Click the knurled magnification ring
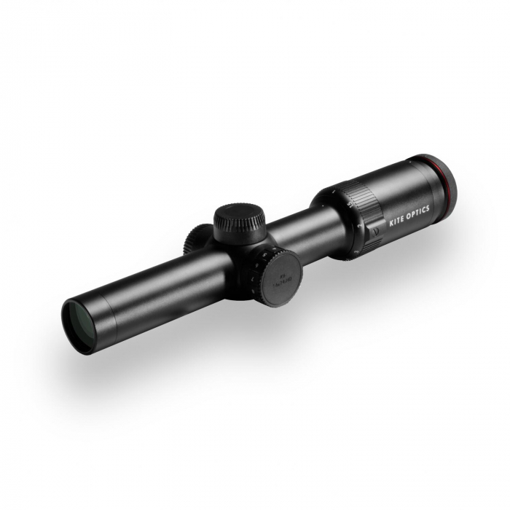(361, 203)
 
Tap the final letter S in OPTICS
(427, 208)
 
